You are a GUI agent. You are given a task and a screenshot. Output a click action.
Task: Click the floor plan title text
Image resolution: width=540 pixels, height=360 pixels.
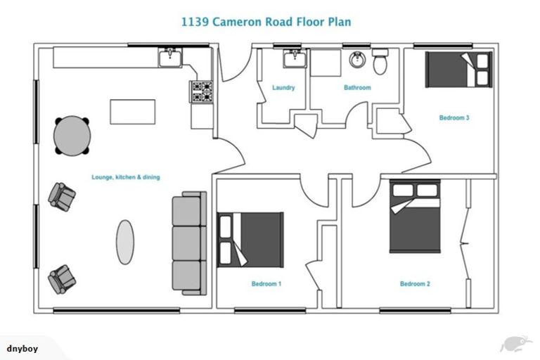pos(266,22)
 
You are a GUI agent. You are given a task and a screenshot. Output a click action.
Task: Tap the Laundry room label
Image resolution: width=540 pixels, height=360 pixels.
pos(283,88)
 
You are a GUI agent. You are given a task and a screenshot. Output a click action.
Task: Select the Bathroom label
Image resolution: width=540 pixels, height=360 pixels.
pos(357,88)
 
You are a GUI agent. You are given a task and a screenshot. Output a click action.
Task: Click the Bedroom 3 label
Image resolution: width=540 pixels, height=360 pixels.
pos(454,118)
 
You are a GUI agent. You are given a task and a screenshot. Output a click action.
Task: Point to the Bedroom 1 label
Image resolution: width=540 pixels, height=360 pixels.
pos(266,284)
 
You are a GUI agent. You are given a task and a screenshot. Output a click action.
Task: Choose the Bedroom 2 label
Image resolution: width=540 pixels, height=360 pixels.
pos(415,284)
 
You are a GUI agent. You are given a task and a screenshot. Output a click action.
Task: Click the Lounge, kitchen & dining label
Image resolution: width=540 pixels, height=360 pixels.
pos(126,177)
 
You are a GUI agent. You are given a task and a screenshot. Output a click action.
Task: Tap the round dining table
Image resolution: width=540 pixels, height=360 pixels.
pos(72,135)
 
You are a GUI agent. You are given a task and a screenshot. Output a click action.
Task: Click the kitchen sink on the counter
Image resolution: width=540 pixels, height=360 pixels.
pos(169,58)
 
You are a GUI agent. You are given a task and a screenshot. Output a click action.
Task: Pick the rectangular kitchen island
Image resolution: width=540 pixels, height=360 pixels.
pos(132,112)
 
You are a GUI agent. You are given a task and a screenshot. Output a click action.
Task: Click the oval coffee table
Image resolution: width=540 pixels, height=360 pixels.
pos(124,242)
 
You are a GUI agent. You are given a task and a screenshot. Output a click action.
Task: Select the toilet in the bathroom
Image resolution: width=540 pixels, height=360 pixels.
pos(380,63)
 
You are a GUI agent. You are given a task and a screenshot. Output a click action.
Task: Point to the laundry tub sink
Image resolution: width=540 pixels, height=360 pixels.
pos(294,58)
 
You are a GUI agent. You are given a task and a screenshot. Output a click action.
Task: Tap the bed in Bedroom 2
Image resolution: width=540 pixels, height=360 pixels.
pos(415,216)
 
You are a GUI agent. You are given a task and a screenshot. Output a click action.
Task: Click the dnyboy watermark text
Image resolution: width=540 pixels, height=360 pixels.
pos(22,348)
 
